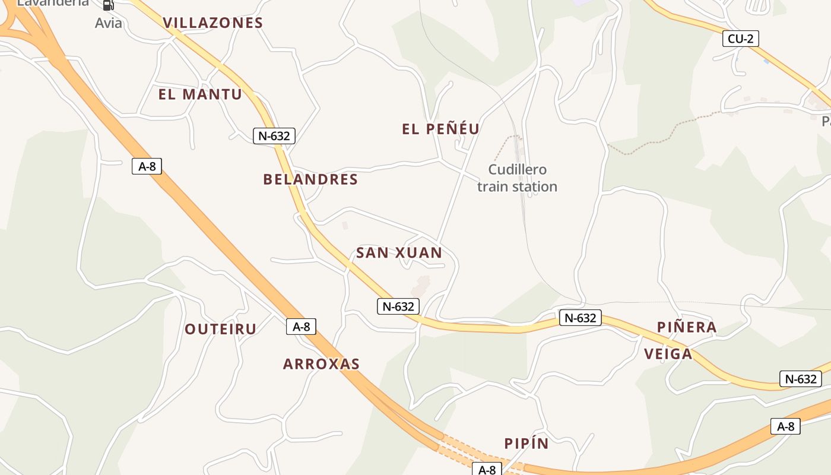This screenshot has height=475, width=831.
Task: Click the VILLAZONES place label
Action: [212, 23]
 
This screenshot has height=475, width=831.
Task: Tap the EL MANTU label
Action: [200, 94]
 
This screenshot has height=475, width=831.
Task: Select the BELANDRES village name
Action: [310, 179]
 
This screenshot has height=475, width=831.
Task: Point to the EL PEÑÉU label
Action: [440, 129]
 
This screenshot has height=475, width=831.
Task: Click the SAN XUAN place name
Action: [399, 253]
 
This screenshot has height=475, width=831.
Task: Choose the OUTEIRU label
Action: [221, 329]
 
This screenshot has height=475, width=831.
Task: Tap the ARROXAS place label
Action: [321, 364]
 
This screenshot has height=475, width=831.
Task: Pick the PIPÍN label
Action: [526, 444]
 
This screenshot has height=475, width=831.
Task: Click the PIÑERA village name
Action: [687, 327]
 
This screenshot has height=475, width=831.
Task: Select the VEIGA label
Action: [668, 354]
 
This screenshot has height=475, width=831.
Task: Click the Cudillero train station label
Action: [517, 178]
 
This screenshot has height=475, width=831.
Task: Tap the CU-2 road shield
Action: [741, 39]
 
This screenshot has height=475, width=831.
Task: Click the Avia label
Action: [109, 23]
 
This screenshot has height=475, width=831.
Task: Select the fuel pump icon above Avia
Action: [108, 5]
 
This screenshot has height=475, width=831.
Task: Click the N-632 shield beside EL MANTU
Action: [274, 136]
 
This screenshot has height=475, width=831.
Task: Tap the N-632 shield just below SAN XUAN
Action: [398, 306]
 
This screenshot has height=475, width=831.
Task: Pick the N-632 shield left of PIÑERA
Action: [580, 318]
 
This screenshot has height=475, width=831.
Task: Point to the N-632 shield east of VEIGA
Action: [800, 379]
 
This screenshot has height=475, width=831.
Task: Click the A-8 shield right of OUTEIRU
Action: [301, 326]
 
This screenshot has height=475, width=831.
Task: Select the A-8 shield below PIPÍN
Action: [487, 470]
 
